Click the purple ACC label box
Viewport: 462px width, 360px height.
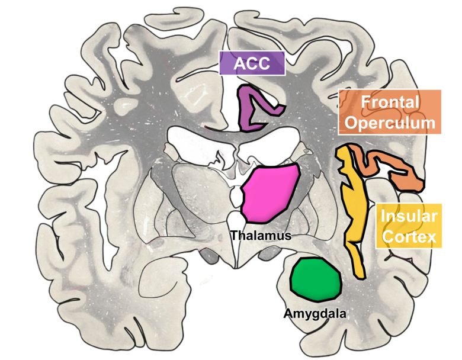pyautogui.click(x=252, y=63)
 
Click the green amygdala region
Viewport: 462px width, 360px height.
pyautogui.click(x=317, y=278)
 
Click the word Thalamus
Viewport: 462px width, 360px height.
pyautogui.click(x=261, y=235)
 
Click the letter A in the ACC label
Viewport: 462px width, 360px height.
pyautogui.click(x=238, y=63)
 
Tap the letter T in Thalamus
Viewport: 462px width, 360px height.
pyautogui.click(x=234, y=235)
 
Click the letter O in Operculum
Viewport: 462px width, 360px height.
pyautogui.click(x=354, y=123)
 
